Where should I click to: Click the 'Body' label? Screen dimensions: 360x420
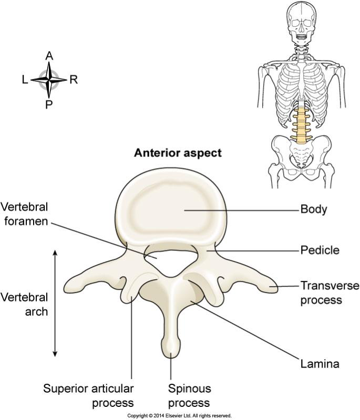tap(314, 209)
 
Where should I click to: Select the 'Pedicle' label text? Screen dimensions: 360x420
tap(320, 250)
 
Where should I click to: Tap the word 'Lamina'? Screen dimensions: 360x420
tap(320, 364)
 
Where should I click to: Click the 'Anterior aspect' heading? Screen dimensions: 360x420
tap(178, 153)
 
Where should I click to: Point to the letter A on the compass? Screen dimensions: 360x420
tap(49, 56)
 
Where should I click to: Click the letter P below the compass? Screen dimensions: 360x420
tap(48, 104)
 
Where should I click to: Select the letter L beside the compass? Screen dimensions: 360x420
tap(25, 80)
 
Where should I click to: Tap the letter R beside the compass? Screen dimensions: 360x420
tap(74, 80)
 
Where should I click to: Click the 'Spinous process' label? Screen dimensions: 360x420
tap(189, 396)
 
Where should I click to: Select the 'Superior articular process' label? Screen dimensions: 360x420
tap(88, 396)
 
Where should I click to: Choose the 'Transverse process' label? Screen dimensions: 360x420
tap(330, 293)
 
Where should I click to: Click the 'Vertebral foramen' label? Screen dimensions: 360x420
tap(24, 214)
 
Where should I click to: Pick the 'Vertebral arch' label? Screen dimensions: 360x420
tap(24, 304)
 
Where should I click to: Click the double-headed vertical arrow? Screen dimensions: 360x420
tap(55, 303)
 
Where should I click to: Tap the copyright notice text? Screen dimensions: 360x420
tap(179, 416)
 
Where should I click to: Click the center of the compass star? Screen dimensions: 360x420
tap(48, 80)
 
